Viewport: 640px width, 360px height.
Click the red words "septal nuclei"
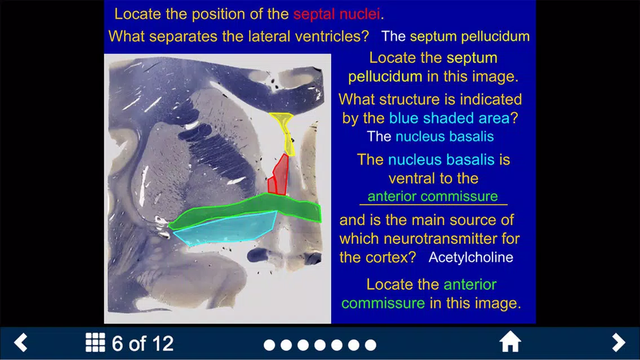click(x=337, y=14)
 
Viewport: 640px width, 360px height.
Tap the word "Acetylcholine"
click(x=470, y=257)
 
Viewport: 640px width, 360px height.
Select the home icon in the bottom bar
click(x=510, y=342)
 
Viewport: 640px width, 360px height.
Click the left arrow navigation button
click(x=21, y=342)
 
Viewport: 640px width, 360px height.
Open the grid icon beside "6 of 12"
click(x=95, y=342)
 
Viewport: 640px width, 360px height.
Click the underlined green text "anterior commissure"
click(x=433, y=196)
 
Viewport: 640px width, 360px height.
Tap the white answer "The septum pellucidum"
click(x=456, y=36)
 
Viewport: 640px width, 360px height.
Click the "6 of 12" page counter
click(x=143, y=343)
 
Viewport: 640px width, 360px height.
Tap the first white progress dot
click(x=269, y=345)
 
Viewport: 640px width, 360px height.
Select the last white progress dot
click(x=371, y=345)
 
